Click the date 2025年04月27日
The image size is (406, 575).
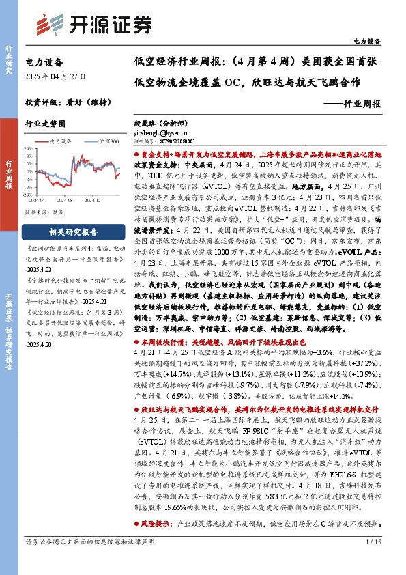point(51,76)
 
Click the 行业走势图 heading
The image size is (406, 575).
point(45,124)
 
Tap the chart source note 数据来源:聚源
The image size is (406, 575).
point(44,212)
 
